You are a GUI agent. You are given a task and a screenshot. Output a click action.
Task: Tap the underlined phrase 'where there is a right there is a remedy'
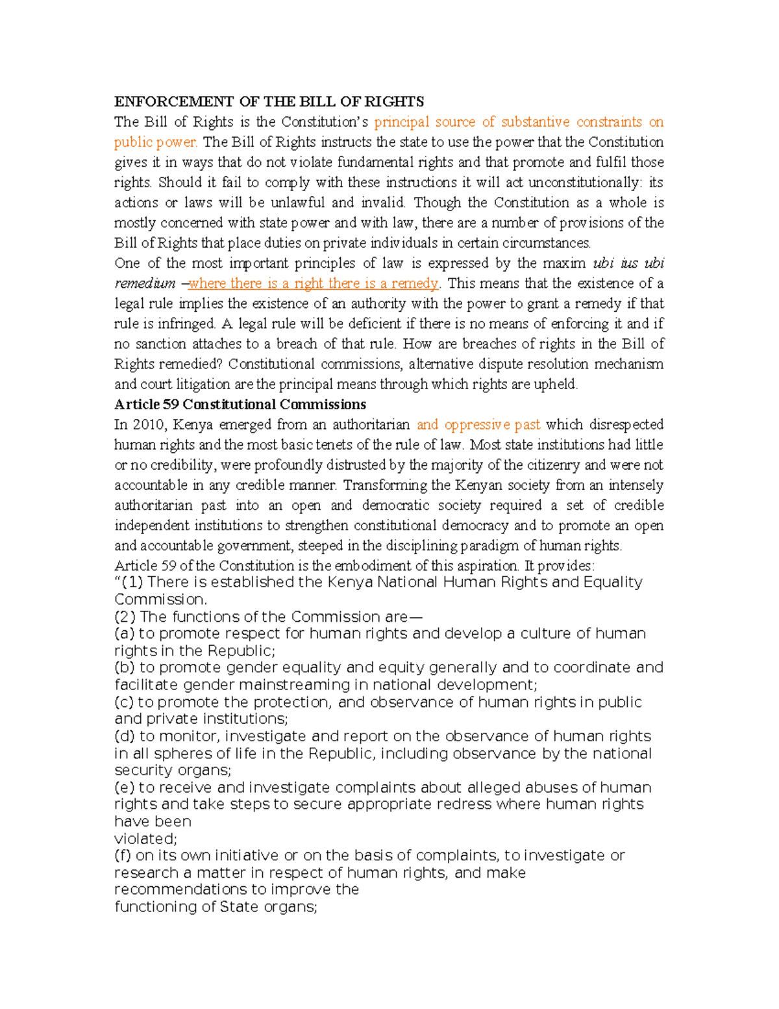tap(314, 283)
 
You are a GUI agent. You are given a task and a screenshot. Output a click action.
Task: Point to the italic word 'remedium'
tap(145, 283)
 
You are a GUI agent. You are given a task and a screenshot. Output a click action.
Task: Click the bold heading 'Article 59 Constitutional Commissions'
tap(240, 404)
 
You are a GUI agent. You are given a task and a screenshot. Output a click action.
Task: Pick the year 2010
tap(149, 424)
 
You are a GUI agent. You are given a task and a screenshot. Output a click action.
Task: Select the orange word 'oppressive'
tap(477, 424)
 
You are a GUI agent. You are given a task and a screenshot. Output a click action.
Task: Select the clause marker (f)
tap(123, 856)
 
